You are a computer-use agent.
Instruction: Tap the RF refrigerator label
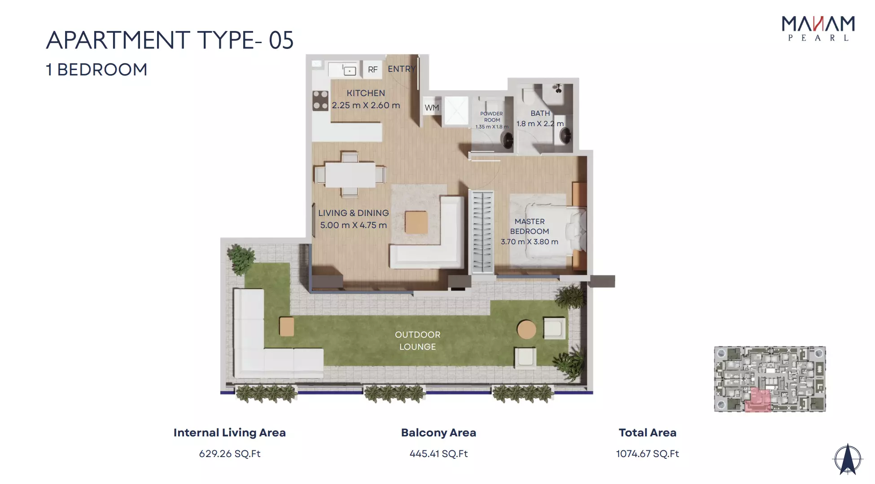(x=373, y=70)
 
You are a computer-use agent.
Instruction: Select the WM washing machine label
(x=432, y=108)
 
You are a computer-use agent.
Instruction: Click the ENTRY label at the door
(x=402, y=69)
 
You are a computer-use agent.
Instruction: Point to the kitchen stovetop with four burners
(x=320, y=100)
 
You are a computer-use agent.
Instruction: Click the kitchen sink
(x=350, y=70)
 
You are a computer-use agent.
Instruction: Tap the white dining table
(x=350, y=175)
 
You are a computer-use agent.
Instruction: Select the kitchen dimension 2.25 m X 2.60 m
(x=366, y=105)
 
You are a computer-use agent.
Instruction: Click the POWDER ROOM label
(x=492, y=117)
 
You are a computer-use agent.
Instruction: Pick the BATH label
(x=540, y=113)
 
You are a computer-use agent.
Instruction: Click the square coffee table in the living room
(x=416, y=222)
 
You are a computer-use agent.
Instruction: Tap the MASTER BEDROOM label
(x=529, y=226)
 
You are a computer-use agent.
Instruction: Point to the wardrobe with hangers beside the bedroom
(x=482, y=232)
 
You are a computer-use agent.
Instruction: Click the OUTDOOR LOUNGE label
(x=418, y=341)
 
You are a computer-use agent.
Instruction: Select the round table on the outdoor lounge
(x=526, y=330)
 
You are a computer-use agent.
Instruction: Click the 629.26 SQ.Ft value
(x=230, y=453)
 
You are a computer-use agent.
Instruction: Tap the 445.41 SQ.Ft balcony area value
(x=438, y=453)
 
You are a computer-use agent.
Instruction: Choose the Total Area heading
(x=647, y=432)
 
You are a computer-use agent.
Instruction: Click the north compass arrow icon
(x=848, y=459)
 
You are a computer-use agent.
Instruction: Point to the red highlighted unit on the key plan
(x=758, y=400)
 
